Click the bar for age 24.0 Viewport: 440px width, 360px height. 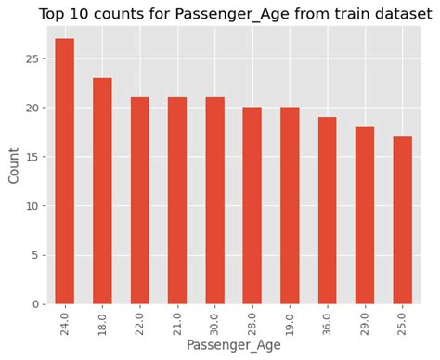pos(65,172)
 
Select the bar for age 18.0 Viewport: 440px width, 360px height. pos(102,191)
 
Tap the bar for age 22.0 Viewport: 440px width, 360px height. pos(139,200)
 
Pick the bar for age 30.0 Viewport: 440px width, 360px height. pos(214,200)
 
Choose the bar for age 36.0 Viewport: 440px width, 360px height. pos(327,211)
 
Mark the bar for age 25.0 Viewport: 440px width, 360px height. pos(402,221)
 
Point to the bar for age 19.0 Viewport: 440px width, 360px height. pos(290,206)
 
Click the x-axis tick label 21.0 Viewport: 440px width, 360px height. pos(177,319)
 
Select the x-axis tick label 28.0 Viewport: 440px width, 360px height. pos(252,319)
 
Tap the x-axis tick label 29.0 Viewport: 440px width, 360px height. pos(365,319)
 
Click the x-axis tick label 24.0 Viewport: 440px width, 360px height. pos(65,319)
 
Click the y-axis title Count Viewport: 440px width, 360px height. pos(13,164)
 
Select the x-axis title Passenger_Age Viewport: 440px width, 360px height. pos(233,345)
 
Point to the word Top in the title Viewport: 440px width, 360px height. pos(53,13)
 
